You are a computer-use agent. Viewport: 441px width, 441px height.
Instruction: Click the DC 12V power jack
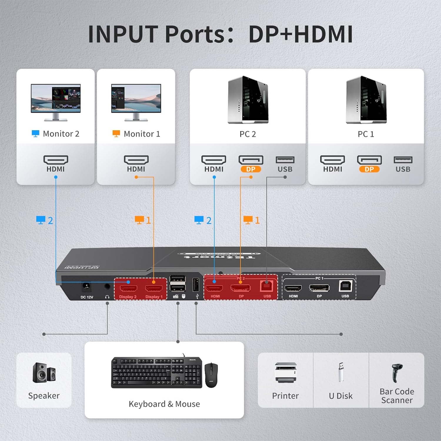pos(86,286)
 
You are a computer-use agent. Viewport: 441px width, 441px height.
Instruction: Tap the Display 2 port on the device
pos(128,288)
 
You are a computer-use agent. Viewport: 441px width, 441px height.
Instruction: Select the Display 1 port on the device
pos(154,288)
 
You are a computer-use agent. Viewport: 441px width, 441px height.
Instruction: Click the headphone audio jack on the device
pos(107,286)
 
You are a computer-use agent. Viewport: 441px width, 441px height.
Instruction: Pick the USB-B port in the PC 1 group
pos(345,286)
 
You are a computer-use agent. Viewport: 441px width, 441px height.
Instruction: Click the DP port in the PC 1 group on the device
pos(319,288)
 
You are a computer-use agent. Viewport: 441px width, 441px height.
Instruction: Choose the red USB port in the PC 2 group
pos(267,286)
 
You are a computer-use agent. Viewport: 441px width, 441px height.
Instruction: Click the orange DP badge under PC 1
pos(369,169)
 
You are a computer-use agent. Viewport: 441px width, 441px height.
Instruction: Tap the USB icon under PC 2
pos(285,160)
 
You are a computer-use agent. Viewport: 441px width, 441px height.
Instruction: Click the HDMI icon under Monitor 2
pos(56,160)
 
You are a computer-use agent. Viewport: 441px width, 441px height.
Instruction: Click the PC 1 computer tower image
pos(366,100)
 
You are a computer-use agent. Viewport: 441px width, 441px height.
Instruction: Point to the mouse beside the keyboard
pos(211,375)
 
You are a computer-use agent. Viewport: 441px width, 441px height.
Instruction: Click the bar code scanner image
pos(397,372)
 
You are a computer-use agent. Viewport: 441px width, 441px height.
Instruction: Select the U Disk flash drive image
pos(341,372)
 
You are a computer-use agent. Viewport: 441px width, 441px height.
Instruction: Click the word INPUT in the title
pos(123,34)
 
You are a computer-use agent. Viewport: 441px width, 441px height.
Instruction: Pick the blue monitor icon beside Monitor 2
pos(36,134)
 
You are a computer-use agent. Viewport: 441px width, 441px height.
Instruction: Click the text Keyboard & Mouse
pos(164,404)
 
